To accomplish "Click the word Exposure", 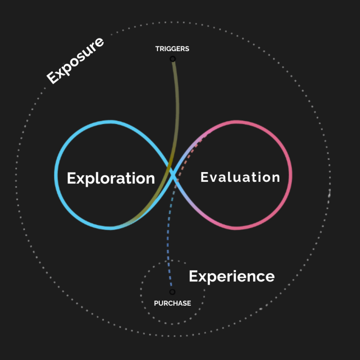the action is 75,60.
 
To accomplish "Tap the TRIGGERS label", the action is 172,49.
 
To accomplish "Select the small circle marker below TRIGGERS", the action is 172,59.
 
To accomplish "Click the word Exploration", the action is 111,179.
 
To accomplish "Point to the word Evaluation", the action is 240,177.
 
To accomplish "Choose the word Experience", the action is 232,277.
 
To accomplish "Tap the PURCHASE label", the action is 172,303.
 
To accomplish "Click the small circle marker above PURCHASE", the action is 172,292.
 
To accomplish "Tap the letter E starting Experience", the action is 193,276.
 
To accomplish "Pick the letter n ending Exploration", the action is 150,179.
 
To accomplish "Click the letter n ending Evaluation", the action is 275,178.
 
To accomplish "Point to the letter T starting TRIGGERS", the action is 157,49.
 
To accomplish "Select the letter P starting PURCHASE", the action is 156,303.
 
